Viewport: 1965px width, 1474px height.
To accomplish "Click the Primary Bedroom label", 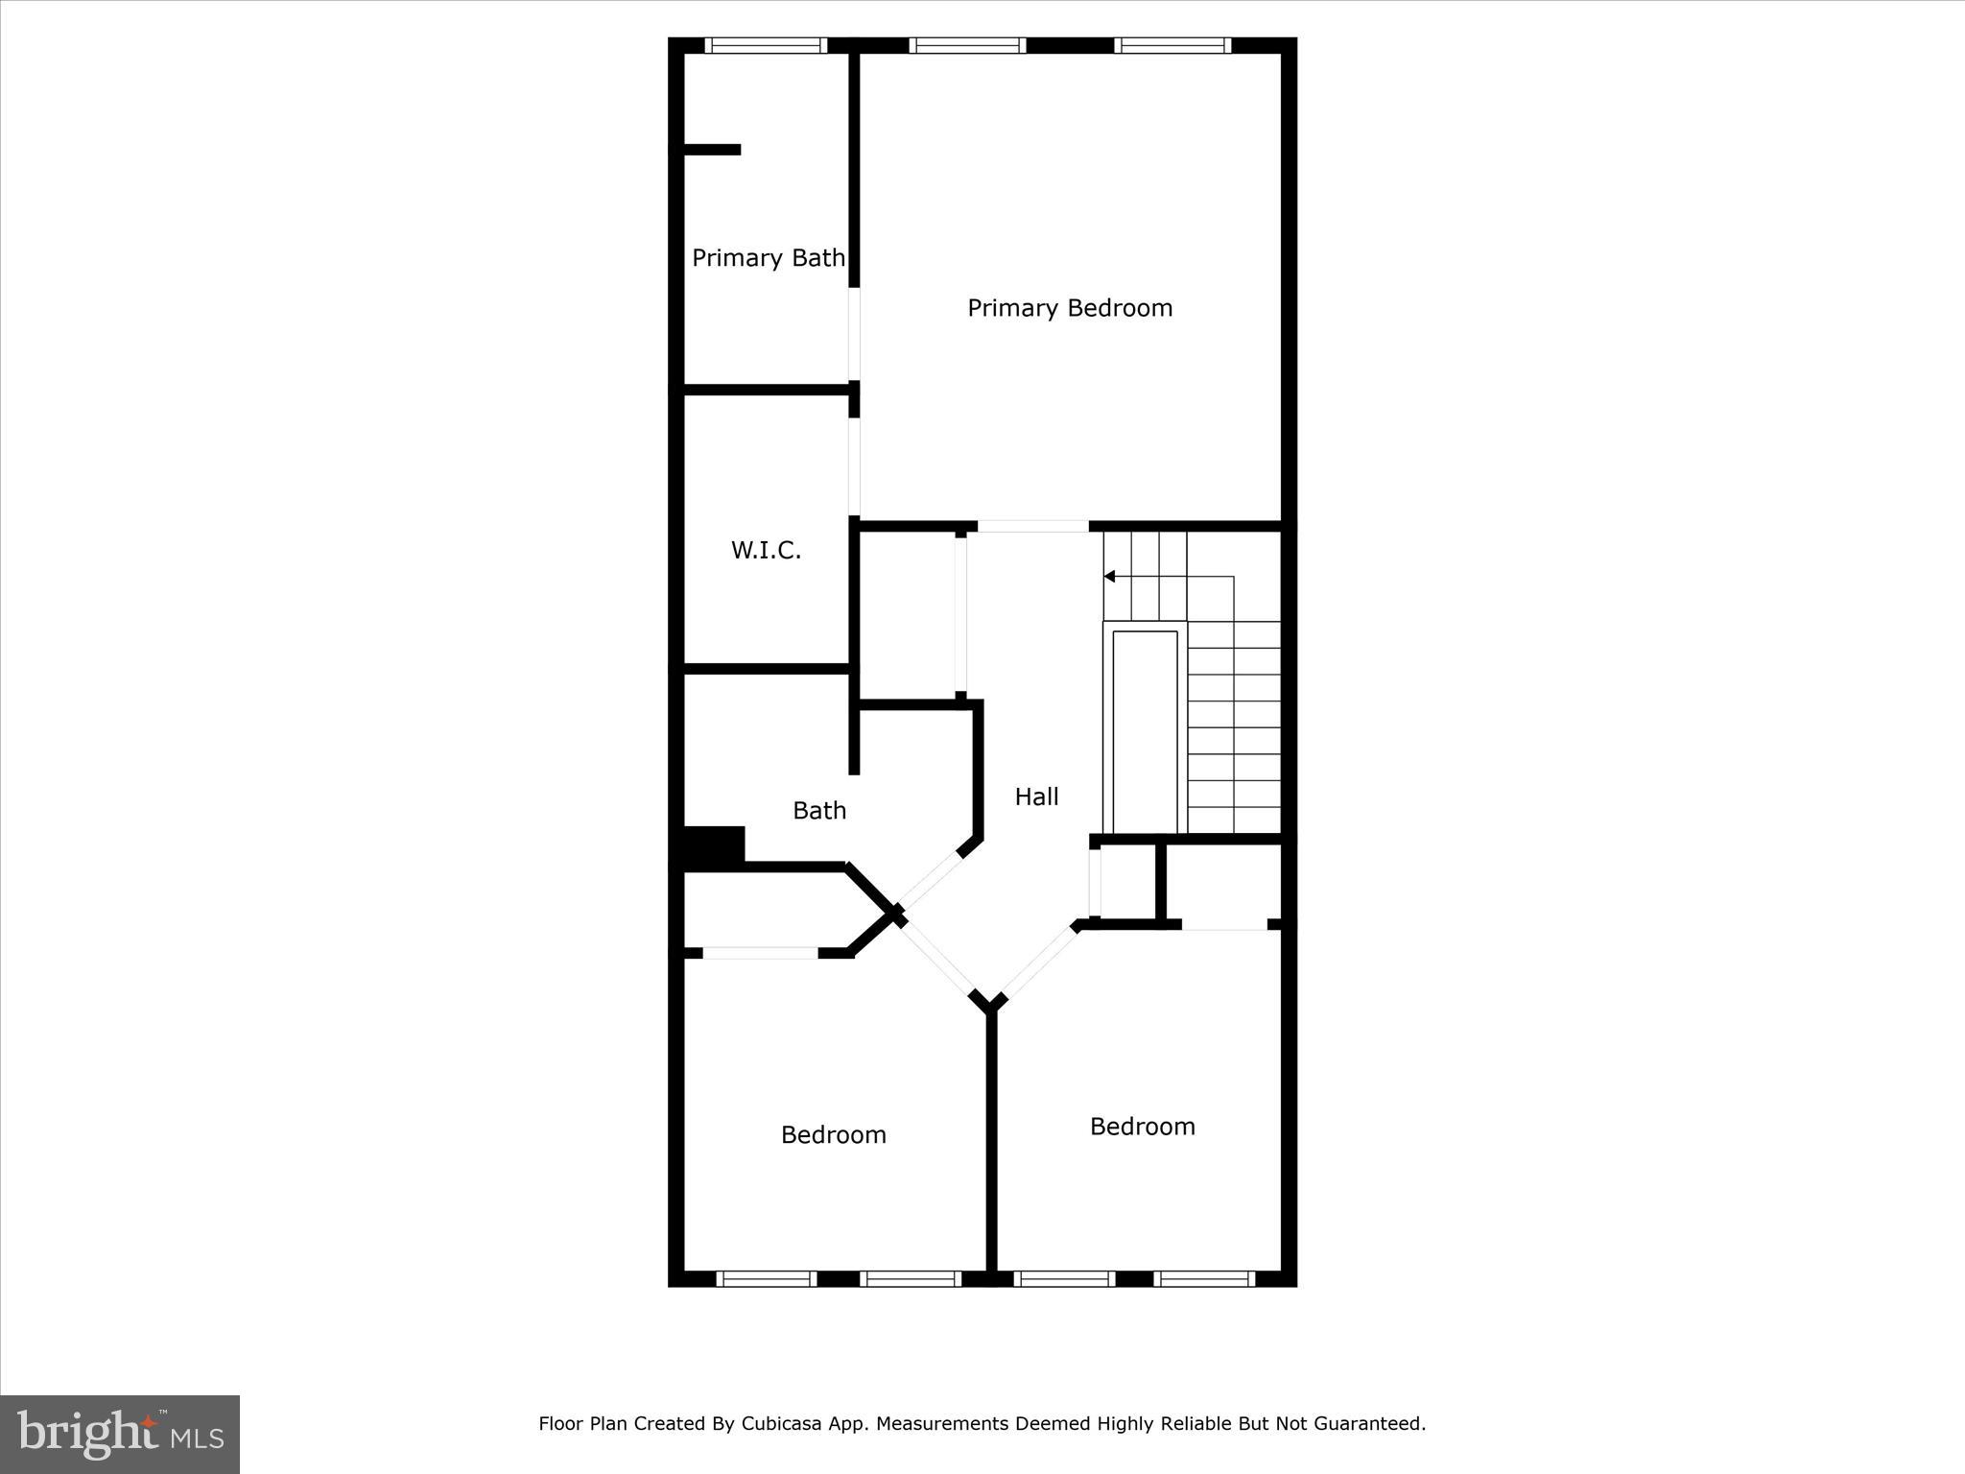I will (1070, 308).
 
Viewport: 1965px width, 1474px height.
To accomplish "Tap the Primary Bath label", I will (768, 258).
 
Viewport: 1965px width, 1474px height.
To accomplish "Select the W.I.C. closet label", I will (766, 551).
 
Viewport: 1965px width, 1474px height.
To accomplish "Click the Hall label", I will (1036, 796).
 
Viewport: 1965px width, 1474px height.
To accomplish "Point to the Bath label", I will (819, 811).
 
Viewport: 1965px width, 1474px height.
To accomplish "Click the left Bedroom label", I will (833, 1135).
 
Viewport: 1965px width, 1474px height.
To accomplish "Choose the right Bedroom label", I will (1142, 1127).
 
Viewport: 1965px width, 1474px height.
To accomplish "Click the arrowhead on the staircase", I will (1109, 577).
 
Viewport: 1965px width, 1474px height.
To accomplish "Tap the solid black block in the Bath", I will (712, 848).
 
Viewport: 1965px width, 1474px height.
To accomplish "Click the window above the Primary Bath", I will (766, 45).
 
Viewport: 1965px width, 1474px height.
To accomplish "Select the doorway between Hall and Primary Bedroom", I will (1032, 526).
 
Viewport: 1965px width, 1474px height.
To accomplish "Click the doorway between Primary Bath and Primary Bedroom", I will (854, 334).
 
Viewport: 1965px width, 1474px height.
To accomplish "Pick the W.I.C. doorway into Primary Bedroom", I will (854, 466).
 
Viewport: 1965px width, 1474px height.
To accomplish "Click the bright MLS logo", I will (120, 1434).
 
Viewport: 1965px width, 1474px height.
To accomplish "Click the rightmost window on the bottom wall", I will (1203, 1278).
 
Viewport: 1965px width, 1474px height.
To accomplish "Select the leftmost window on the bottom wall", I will (766, 1278).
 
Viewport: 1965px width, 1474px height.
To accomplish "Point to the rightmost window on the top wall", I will (1172, 45).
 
